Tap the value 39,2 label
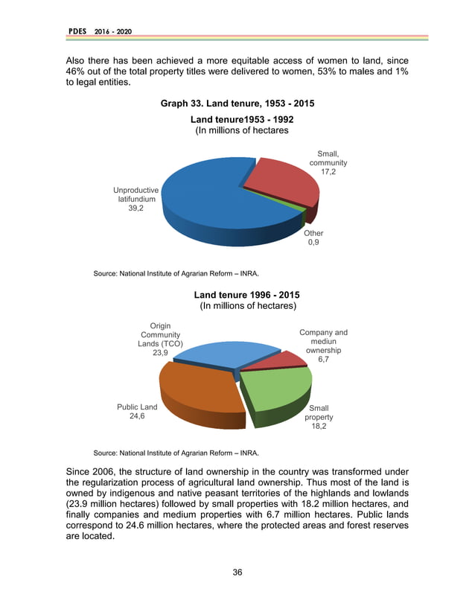(136, 209)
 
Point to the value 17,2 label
(328, 172)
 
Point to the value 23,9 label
(159, 354)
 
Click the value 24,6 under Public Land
(137, 417)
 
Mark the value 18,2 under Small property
(319, 427)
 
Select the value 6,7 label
(323, 360)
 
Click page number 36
(238, 573)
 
